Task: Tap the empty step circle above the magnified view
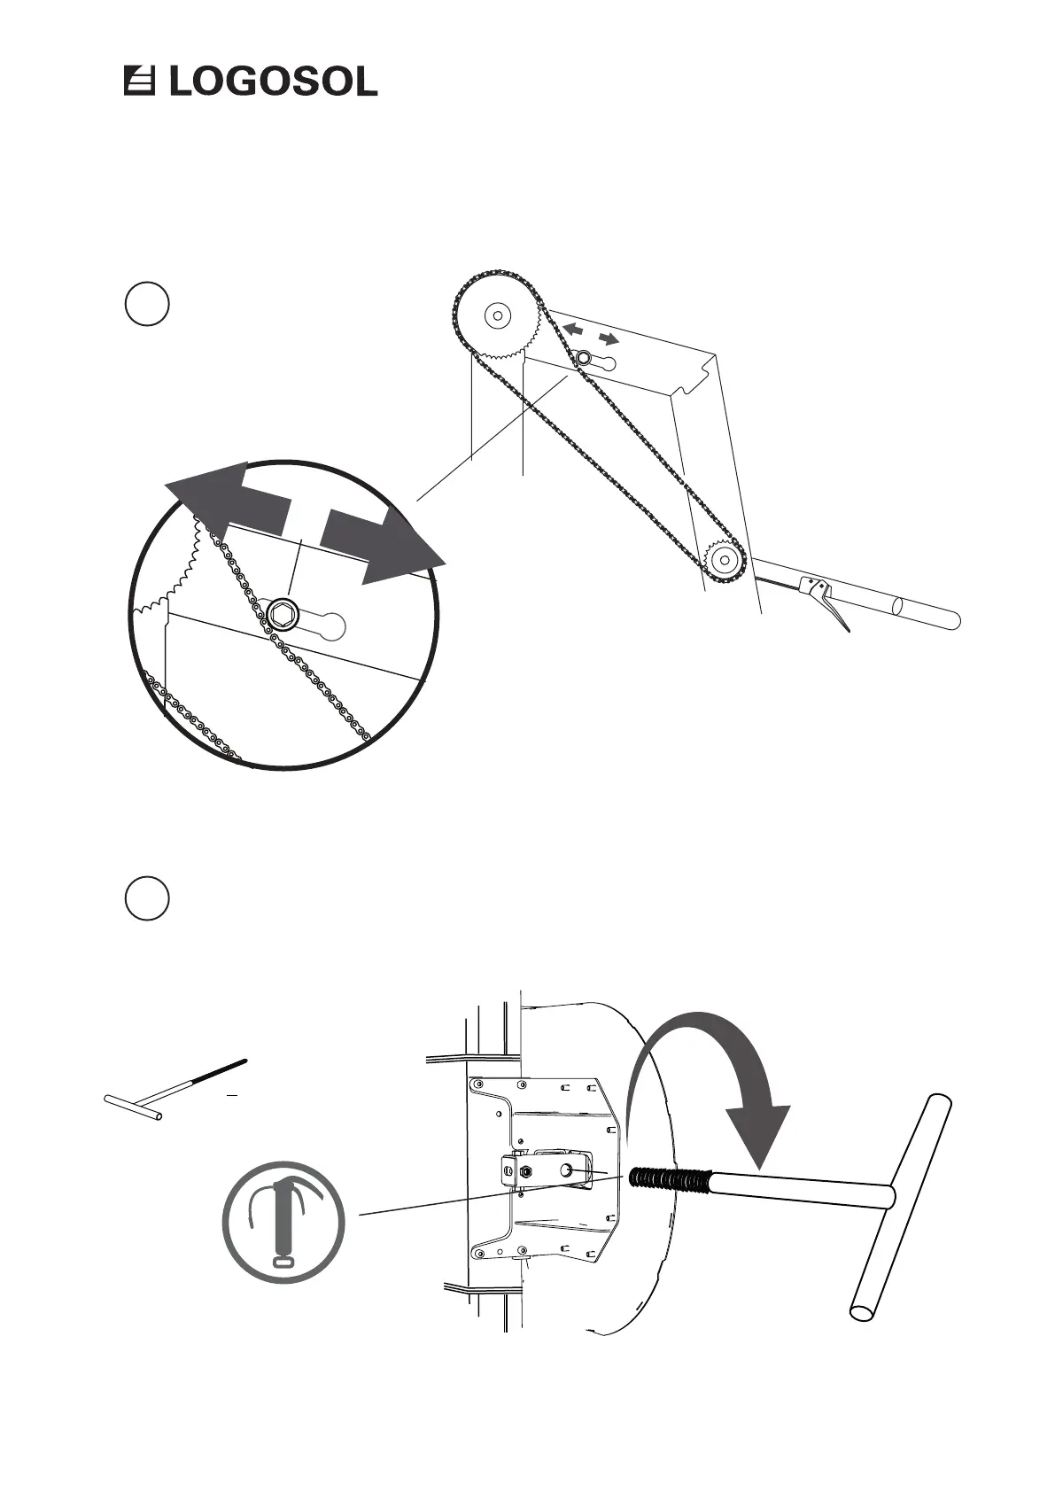(x=147, y=304)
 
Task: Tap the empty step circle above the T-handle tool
(x=147, y=898)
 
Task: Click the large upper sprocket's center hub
(x=496, y=315)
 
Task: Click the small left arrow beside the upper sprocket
(x=573, y=329)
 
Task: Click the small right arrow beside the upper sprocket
(x=609, y=338)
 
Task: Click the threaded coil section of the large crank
(x=670, y=1181)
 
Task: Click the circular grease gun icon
(x=283, y=1223)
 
